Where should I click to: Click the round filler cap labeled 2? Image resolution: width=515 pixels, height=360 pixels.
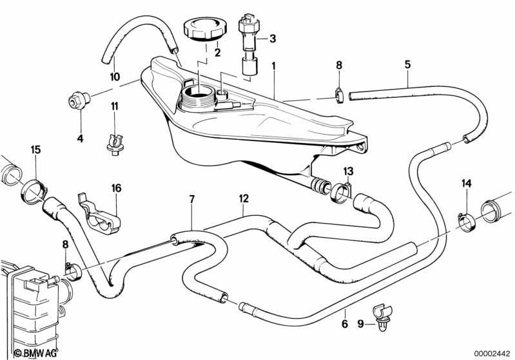[202, 30]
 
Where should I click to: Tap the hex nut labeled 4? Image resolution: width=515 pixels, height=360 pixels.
[79, 100]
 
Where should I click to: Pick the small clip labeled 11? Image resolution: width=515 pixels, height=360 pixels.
[115, 145]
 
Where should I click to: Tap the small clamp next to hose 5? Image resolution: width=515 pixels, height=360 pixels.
[339, 95]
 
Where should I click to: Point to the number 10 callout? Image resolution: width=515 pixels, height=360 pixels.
[115, 77]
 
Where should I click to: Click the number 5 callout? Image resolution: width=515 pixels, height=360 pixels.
[407, 64]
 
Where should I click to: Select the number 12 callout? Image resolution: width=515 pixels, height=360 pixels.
[244, 198]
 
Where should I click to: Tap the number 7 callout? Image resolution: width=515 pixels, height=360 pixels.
[192, 199]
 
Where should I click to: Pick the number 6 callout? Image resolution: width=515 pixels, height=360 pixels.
[345, 324]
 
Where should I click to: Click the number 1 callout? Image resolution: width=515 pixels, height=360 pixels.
[273, 66]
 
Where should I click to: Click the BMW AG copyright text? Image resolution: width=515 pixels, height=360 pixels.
[35, 353]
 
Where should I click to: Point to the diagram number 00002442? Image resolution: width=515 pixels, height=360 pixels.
[492, 353]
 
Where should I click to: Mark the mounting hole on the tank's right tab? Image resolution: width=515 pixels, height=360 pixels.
[361, 147]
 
